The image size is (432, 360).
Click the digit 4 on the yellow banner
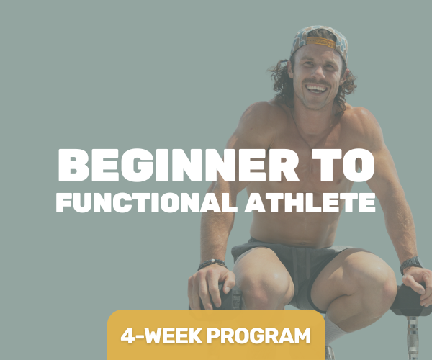click(128, 335)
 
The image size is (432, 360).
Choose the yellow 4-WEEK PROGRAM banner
click(216, 335)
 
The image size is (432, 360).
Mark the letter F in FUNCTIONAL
click(63, 202)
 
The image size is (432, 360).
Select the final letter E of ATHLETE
click(368, 202)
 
